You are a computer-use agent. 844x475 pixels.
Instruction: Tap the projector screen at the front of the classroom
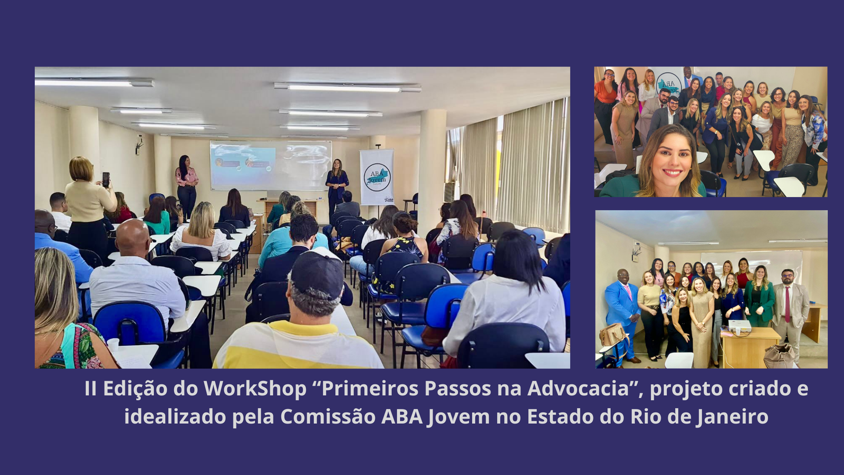coord(271,165)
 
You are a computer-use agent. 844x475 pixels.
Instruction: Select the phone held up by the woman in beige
coord(106,179)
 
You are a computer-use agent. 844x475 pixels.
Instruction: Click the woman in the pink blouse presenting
coord(186,186)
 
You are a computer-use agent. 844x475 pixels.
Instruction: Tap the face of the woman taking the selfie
coord(673,158)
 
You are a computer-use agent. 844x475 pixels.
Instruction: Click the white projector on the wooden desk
coord(739,326)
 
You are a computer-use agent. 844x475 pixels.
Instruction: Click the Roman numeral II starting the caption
coord(91,388)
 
